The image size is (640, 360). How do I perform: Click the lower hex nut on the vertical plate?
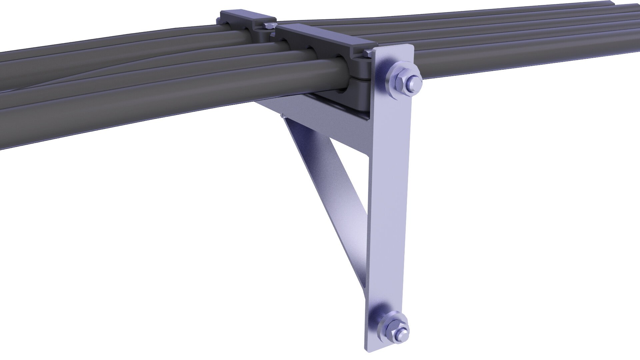click(395, 328)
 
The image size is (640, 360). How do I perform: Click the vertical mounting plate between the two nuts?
click(388, 200)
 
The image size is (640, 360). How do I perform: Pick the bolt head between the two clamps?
click(269, 26)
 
